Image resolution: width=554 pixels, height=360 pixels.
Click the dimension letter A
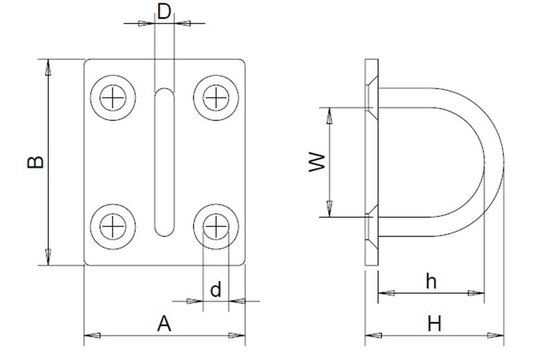(164, 323)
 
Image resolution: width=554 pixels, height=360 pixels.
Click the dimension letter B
(36, 162)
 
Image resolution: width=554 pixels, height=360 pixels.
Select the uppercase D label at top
(164, 12)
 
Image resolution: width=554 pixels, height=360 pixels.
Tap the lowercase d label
(215, 289)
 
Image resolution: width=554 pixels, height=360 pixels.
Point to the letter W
(317, 162)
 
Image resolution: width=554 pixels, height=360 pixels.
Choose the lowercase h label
(431, 282)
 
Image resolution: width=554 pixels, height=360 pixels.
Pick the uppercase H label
(434, 323)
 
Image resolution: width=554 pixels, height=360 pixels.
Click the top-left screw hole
(113, 98)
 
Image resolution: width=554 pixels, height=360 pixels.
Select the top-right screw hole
(216, 98)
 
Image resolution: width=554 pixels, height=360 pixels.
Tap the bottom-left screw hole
(113, 226)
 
